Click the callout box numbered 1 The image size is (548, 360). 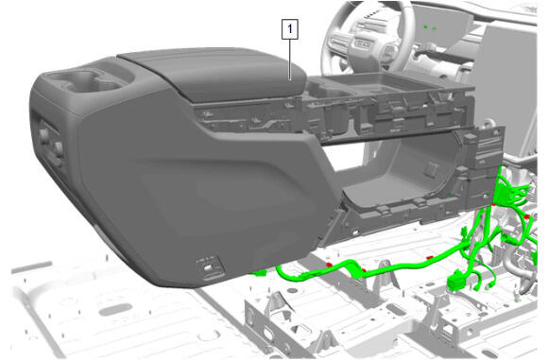(x=290, y=29)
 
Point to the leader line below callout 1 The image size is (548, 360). (x=290, y=60)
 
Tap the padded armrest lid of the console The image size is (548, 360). (x=214, y=74)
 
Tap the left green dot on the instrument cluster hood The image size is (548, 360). (x=425, y=26)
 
